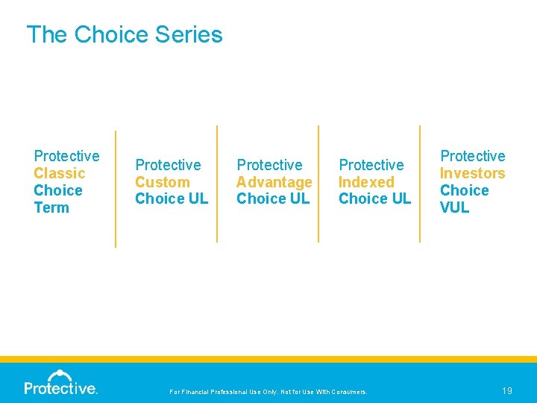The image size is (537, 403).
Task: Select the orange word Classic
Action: pyautogui.click(x=60, y=173)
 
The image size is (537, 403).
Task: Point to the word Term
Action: pyautogui.click(x=51, y=207)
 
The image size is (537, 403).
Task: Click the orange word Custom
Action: pyautogui.click(x=162, y=182)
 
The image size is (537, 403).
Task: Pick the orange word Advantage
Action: pyautogui.click(x=274, y=182)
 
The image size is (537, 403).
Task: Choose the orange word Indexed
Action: pyautogui.click(x=366, y=182)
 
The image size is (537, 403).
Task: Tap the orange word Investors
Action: pyautogui.click(x=472, y=173)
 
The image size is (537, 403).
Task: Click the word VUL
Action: pyautogui.click(x=454, y=207)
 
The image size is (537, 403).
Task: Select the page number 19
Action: pyautogui.click(x=506, y=390)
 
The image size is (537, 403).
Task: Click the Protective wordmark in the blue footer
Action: pyautogui.click(x=60, y=388)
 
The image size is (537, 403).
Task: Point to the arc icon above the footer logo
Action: pyautogui.click(x=60, y=375)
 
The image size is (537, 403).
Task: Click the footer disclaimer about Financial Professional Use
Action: pyautogui.click(x=268, y=391)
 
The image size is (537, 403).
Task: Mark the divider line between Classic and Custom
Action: pyautogui.click(x=116, y=188)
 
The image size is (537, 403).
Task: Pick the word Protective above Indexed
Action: pyautogui.click(x=371, y=165)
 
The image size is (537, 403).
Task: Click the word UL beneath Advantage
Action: pyautogui.click(x=299, y=199)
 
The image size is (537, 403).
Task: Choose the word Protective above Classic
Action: pyautogui.click(x=66, y=156)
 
